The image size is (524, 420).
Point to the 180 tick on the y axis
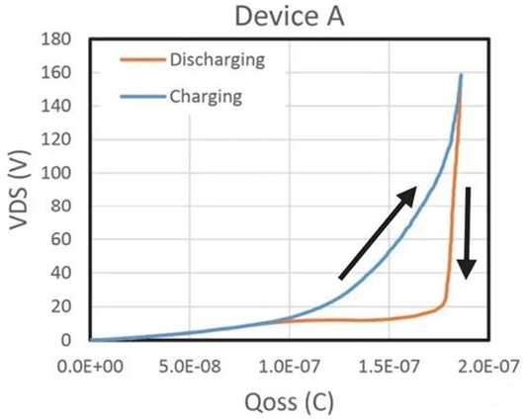[64, 40]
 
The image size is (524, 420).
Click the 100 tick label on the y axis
[64, 173]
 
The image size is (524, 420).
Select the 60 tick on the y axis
[68, 239]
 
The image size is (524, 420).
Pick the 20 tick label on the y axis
[68, 306]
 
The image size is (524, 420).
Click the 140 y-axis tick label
[64, 106]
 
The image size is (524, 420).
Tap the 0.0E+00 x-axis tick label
[89, 361]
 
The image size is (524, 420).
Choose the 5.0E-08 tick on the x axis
[189, 361]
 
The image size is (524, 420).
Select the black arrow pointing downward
[468, 232]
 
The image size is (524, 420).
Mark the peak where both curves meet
[461, 75]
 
